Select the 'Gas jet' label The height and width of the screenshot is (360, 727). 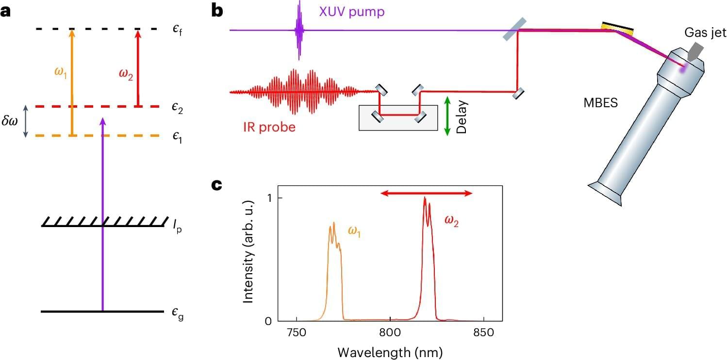coord(705,33)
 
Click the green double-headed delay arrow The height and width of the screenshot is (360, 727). coord(447,115)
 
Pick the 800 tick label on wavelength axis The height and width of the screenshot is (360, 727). coord(391,333)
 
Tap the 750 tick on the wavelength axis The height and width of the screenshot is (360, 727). coord(297,333)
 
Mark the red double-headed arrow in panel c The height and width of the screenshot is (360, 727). coord(426,193)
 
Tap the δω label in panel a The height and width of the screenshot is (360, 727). coord(10,121)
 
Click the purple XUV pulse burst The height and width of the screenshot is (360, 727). coord(299,30)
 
